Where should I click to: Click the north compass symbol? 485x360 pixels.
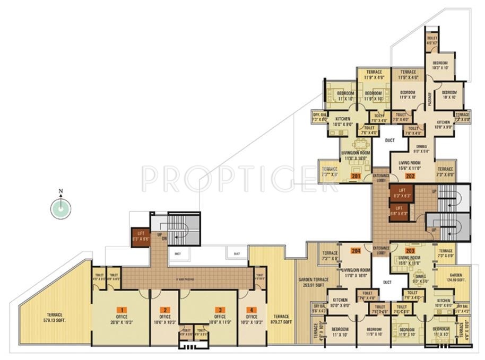coord(60,208)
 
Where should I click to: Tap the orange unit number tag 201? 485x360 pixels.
coord(356,175)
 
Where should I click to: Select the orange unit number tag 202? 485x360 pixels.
coord(410,175)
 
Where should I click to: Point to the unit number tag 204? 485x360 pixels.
coord(356,250)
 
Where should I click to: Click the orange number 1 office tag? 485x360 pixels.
coord(123,309)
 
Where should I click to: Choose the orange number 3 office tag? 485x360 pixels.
coord(217,309)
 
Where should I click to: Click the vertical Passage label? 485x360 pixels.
coord(429,99)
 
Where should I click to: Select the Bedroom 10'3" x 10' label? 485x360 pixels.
coord(440,65)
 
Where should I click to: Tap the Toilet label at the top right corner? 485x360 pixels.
coord(432,40)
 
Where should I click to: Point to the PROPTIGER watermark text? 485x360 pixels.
coord(241,179)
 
